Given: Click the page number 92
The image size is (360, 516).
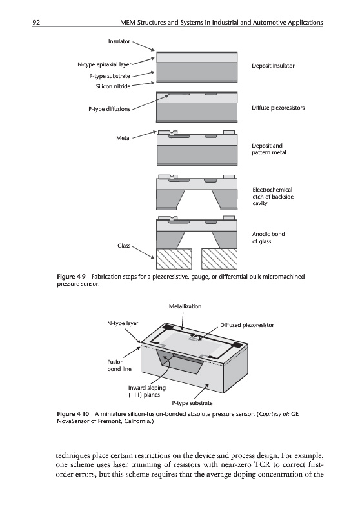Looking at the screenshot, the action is pos(36,23).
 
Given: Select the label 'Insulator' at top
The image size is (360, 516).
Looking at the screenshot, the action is pos(119,41).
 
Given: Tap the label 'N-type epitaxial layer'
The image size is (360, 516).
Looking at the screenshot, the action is pos(105,65).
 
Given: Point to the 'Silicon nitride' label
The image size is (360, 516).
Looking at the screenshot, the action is pos(113,86).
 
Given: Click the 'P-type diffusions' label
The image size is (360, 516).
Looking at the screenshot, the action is pos(109,109).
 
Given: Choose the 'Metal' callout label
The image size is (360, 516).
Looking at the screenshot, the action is pos(123,138).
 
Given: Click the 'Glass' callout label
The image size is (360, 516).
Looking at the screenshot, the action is pos(124,246).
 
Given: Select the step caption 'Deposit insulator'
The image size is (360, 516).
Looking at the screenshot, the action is pos(273,66).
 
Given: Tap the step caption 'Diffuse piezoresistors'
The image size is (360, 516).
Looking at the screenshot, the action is pos(278,108).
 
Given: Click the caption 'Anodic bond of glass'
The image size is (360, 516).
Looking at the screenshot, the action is pos(268,237).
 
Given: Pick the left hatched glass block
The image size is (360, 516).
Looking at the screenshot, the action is pos(174,259).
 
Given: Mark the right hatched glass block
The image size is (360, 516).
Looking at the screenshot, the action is pos(219,259).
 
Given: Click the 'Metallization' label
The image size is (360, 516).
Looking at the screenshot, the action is pos(185,306).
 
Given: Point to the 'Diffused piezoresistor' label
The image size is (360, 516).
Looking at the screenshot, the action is pos(247,325).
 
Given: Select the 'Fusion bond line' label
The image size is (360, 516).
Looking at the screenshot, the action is pos(119,365).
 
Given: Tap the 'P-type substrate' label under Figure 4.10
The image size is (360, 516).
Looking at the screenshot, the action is pos(192,403).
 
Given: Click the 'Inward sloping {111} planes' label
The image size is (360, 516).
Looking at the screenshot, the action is pos(146,391).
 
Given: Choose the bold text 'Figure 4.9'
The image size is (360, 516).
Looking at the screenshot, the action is pos(72,277).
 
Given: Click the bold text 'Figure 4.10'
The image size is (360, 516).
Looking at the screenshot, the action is pos(73,413).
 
